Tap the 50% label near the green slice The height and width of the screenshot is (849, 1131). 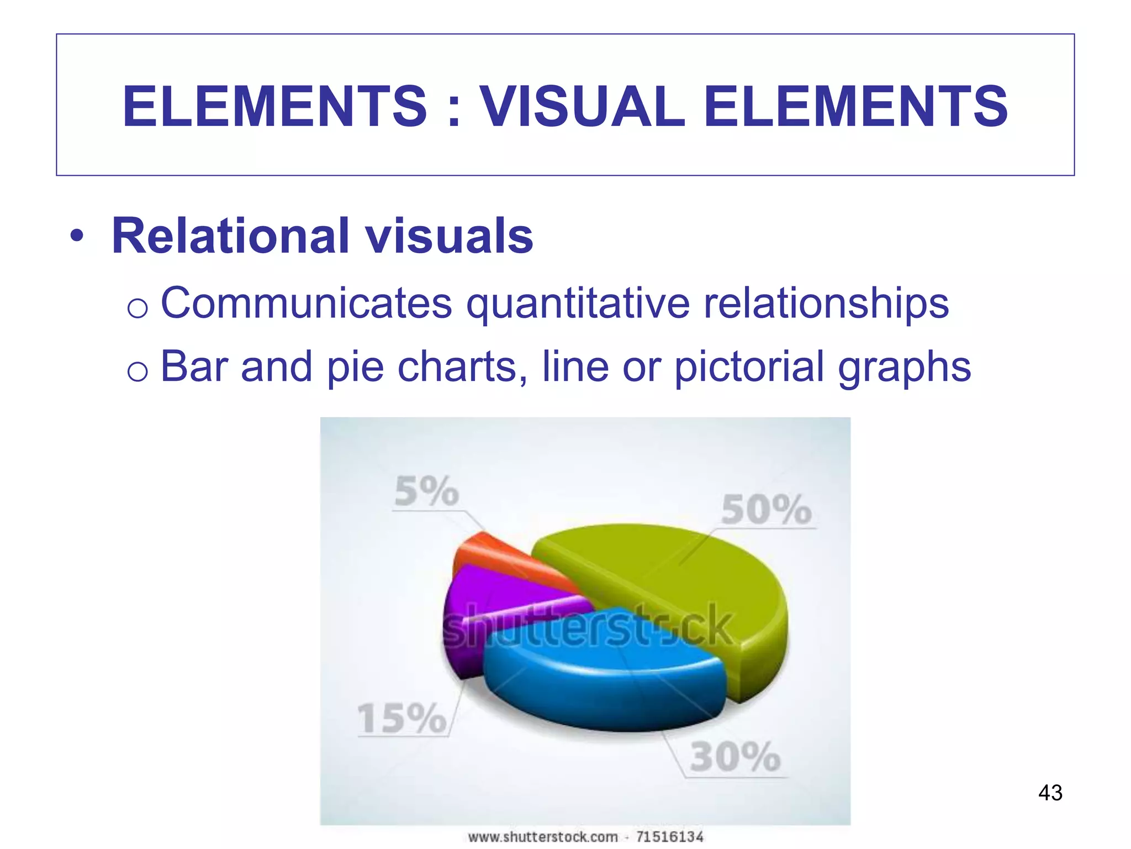click(767, 510)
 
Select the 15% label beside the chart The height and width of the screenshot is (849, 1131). click(401, 719)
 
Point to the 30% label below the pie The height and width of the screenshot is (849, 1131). click(735, 757)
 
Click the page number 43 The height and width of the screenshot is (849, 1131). click(1050, 793)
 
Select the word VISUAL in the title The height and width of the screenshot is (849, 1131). click(582, 106)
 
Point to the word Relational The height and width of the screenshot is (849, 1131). click(231, 236)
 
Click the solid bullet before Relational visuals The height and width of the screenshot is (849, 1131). click(77, 237)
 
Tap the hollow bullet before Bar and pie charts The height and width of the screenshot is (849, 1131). click(137, 370)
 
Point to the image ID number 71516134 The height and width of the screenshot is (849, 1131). click(669, 837)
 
